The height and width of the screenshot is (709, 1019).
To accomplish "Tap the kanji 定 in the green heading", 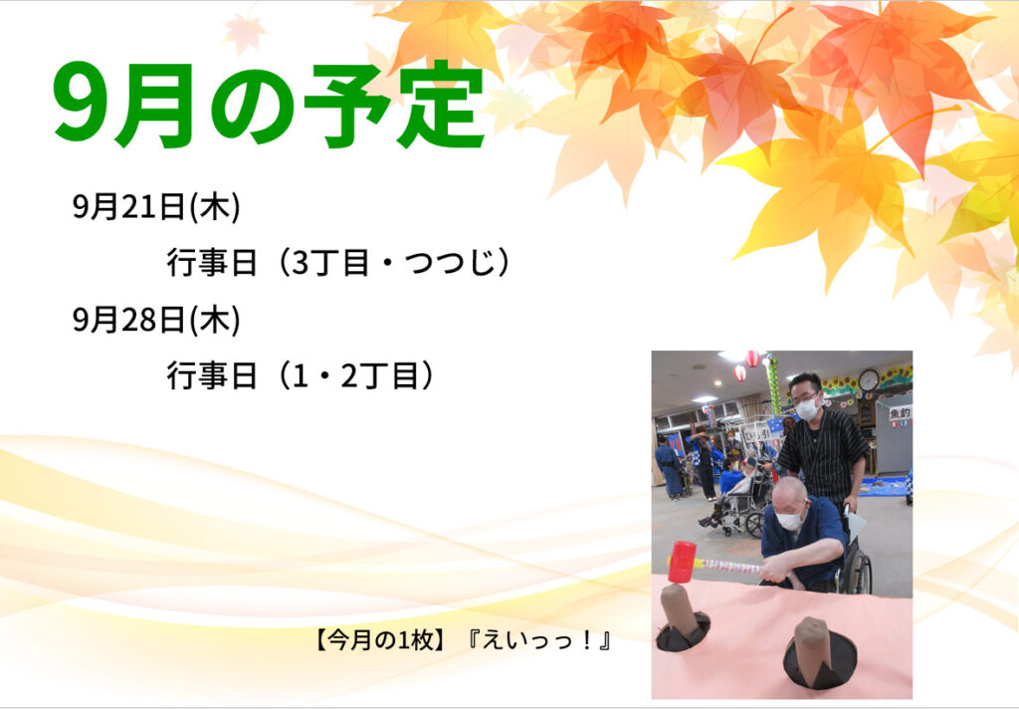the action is pos(442,105).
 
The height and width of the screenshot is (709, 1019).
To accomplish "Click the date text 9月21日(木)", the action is pos(156,207).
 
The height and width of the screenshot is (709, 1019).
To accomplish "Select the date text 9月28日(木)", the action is pos(156,320).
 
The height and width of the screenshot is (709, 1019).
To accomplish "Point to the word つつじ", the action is pos(450,263).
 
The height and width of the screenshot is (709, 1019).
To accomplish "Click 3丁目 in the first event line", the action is pos(331,263).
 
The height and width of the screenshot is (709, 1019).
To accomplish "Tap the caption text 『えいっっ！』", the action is pos(538,641).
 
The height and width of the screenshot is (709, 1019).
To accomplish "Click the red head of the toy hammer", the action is pos(682,562).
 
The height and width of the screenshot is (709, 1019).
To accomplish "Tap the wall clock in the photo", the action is pos(868,379).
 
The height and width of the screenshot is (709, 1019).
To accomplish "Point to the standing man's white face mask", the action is pos(807,408).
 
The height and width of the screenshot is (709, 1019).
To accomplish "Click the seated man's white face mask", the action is pos(790,520).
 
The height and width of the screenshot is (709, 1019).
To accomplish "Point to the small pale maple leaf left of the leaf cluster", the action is pos(244,33).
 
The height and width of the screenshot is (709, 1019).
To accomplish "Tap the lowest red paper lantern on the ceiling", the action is pos(740,372).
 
